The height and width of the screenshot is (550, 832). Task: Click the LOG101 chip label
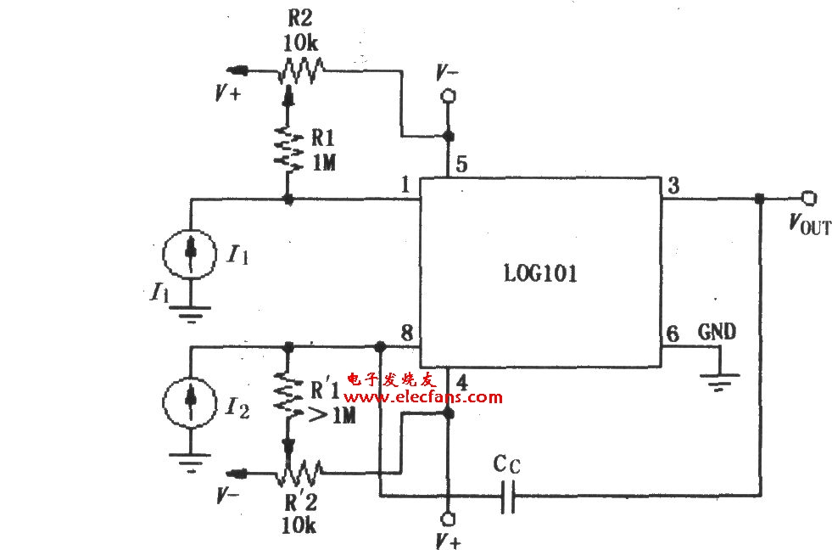(539, 274)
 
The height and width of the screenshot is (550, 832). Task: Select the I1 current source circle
(189, 253)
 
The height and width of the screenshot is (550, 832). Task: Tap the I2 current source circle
(189, 402)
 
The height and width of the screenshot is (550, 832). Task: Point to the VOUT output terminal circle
(808, 199)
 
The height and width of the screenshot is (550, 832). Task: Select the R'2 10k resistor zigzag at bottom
(299, 472)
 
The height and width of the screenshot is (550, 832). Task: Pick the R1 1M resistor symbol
(288, 149)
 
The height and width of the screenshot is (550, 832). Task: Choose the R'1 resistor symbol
(288, 394)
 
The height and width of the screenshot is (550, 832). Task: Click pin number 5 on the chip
(461, 165)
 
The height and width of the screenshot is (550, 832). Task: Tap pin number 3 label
(673, 186)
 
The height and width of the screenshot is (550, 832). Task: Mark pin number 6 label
(673, 334)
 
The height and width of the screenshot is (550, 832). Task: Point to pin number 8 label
(407, 333)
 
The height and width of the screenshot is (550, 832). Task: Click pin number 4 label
(461, 382)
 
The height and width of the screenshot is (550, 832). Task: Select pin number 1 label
(405, 185)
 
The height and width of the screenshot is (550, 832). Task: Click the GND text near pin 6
(717, 332)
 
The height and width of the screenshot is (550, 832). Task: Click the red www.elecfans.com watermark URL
(422, 397)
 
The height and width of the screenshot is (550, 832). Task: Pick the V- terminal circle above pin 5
(449, 96)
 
